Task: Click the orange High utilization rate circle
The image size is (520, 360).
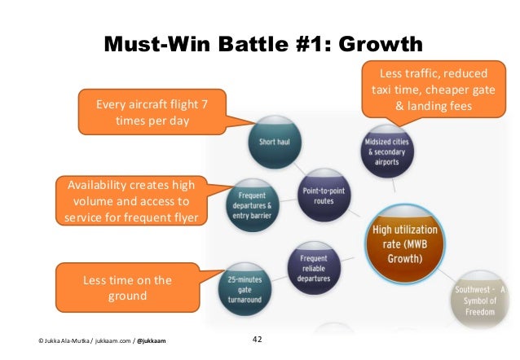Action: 404,242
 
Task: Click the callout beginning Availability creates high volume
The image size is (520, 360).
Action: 131,201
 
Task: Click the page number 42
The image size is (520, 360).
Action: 259,339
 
